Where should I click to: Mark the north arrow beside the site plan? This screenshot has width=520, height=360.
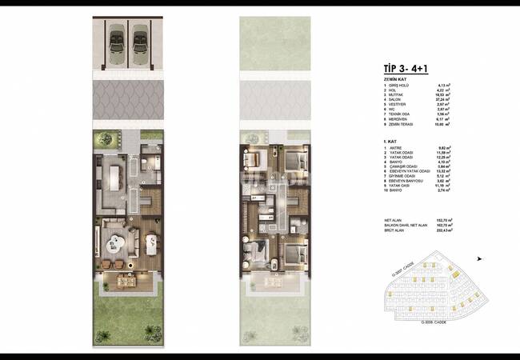[x=479, y=258]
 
